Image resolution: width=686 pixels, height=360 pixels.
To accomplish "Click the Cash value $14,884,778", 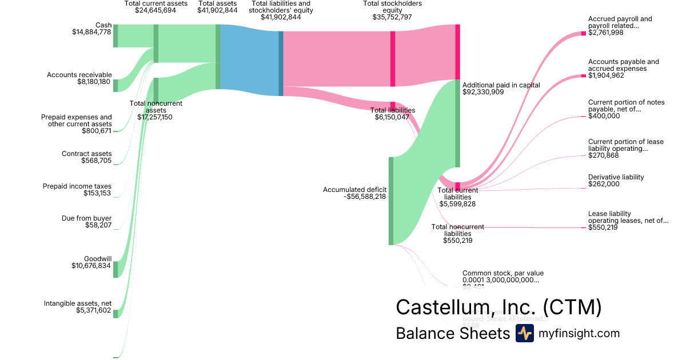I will (89, 32).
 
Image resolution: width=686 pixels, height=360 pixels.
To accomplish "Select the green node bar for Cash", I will (115, 35).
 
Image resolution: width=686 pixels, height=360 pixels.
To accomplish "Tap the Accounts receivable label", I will (79, 75).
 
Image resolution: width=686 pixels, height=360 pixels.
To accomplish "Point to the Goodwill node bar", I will (115, 269).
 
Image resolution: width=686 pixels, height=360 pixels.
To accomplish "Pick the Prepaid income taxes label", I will (77, 186).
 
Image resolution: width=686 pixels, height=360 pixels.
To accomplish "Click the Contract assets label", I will (87, 154).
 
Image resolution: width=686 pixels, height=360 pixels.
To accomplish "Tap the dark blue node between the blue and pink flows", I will (281, 63).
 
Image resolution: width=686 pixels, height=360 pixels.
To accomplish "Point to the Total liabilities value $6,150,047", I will (392, 117).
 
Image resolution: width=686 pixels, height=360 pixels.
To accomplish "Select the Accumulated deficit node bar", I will (391, 201).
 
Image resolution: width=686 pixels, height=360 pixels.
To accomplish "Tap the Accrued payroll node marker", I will (583, 33).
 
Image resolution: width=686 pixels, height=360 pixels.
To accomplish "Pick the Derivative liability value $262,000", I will (604, 184).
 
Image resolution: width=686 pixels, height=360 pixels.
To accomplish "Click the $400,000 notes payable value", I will (604, 115).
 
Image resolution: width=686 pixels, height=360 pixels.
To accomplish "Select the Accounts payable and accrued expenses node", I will (583, 75).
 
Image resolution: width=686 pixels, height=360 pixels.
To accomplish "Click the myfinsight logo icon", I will (524, 333).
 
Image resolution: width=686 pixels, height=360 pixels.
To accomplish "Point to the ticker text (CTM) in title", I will (572, 307).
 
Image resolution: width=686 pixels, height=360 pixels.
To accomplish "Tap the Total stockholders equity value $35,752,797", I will (392, 17).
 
